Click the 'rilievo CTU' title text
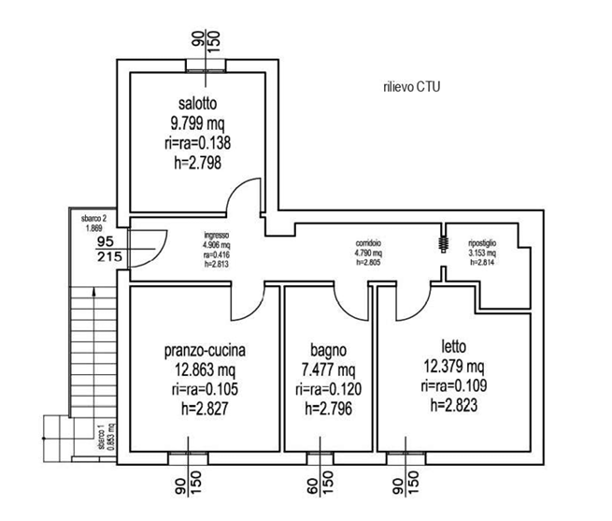[x=411, y=87]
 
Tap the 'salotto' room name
[x=196, y=103]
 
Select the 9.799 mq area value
[x=196, y=123]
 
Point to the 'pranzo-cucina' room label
[x=205, y=352]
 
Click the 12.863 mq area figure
[x=205, y=370]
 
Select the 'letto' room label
[x=452, y=345]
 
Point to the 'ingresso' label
[x=217, y=235]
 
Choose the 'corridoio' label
[x=367, y=243]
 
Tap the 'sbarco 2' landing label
[x=94, y=218]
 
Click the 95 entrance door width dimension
[x=106, y=240]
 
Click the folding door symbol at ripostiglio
[x=439, y=240]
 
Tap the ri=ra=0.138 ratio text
[x=196, y=143]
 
